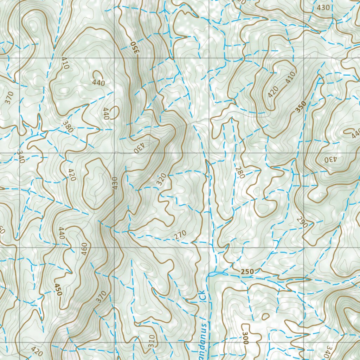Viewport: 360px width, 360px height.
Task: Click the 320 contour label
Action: [x=161, y=180]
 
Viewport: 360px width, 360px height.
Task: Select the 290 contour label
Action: [x=300, y=222]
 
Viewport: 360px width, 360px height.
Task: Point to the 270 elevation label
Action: [x=180, y=236]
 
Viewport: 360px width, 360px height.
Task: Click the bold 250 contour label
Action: [x=247, y=272]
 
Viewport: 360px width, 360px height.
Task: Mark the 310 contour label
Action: [x=151, y=340]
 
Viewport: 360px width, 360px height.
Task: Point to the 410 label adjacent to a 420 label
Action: [x=290, y=78]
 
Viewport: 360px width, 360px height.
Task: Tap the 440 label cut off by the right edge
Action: [x=356, y=133]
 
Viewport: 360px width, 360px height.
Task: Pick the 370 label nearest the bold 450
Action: [x=101, y=297]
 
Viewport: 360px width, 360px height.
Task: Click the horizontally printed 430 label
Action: [x=323, y=7]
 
